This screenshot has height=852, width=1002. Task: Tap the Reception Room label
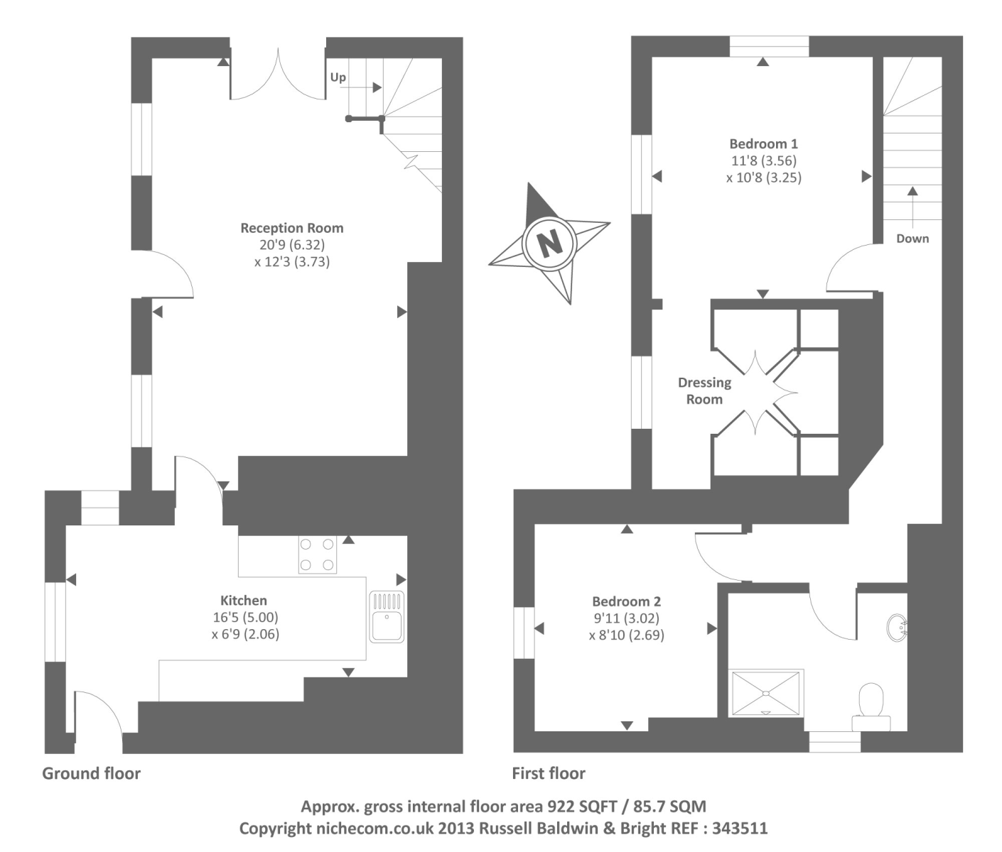pos(291,228)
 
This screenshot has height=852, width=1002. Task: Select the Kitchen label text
pos(244,601)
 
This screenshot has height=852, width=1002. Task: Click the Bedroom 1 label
pos(763,144)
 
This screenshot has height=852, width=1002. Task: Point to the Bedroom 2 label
pos(626,601)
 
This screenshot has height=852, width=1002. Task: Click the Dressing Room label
pos(704,390)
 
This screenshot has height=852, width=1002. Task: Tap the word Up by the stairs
pos(338,77)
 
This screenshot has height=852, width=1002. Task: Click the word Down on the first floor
pos(912,239)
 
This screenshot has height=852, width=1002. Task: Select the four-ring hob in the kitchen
pos(317,555)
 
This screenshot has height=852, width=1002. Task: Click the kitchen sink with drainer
pos(387,617)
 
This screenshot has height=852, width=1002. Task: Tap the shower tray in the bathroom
pos(765,693)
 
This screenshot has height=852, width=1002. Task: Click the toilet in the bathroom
pos(871,706)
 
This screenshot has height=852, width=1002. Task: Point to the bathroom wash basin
pos(897,628)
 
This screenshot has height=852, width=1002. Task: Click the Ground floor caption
pos(92,773)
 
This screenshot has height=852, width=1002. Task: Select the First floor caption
pos(549,773)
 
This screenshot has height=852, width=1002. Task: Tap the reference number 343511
pos(740,828)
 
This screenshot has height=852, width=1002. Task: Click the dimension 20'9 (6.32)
pos(292,245)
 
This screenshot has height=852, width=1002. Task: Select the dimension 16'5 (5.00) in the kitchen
pos(245,618)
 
